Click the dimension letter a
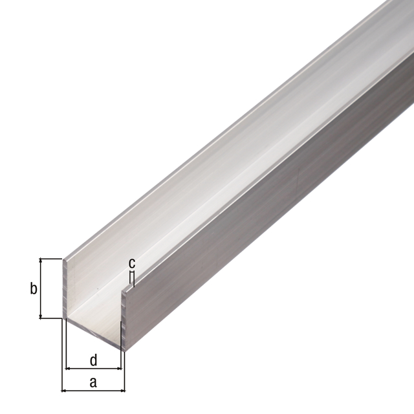[93, 382]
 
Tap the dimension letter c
[131, 263]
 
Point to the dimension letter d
[93, 359]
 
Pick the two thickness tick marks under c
[132, 277]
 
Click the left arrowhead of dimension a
[65, 391]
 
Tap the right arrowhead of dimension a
[122, 391]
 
